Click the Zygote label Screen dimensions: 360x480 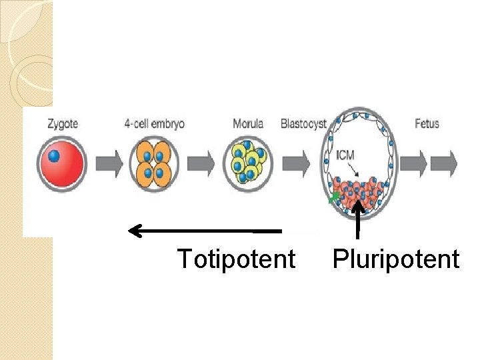click(x=63, y=124)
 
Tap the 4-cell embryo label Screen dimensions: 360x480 click(x=154, y=124)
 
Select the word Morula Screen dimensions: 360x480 click(x=248, y=124)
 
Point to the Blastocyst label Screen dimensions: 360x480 click(x=303, y=124)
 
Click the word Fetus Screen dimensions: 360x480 click(x=427, y=124)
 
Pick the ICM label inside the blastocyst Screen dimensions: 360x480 click(x=345, y=155)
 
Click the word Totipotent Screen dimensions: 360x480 click(x=236, y=259)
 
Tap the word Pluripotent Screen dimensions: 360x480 click(x=396, y=259)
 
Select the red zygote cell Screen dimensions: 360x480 click(x=62, y=165)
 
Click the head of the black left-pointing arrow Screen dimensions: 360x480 click(x=134, y=231)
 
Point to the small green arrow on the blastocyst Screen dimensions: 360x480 click(x=332, y=198)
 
